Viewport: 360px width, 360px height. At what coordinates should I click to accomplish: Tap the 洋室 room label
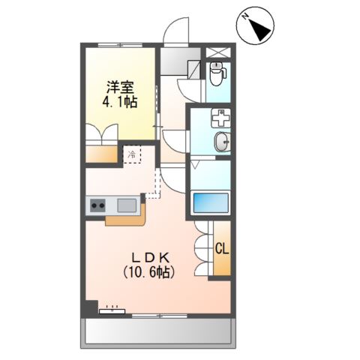tap(120, 87)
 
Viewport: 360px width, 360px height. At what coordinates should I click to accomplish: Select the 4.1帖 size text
tap(120, 103)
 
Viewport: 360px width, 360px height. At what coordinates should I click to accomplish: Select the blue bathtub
tap(209, 202)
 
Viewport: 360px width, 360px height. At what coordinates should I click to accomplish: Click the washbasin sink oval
tap(223, 142)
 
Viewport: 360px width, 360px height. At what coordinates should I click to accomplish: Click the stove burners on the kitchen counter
tap(99, 204)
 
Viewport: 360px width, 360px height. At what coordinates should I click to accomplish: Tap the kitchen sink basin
tap(126, 204)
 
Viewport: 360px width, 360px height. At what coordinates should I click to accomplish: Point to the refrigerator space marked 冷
tap(132, 155)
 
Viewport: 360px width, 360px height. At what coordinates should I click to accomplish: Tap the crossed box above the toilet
tap(217, 52)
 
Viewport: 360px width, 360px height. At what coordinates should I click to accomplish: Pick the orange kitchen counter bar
tap(125, 220)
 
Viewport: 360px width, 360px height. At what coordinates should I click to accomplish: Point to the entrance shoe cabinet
tap(179, 63)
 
